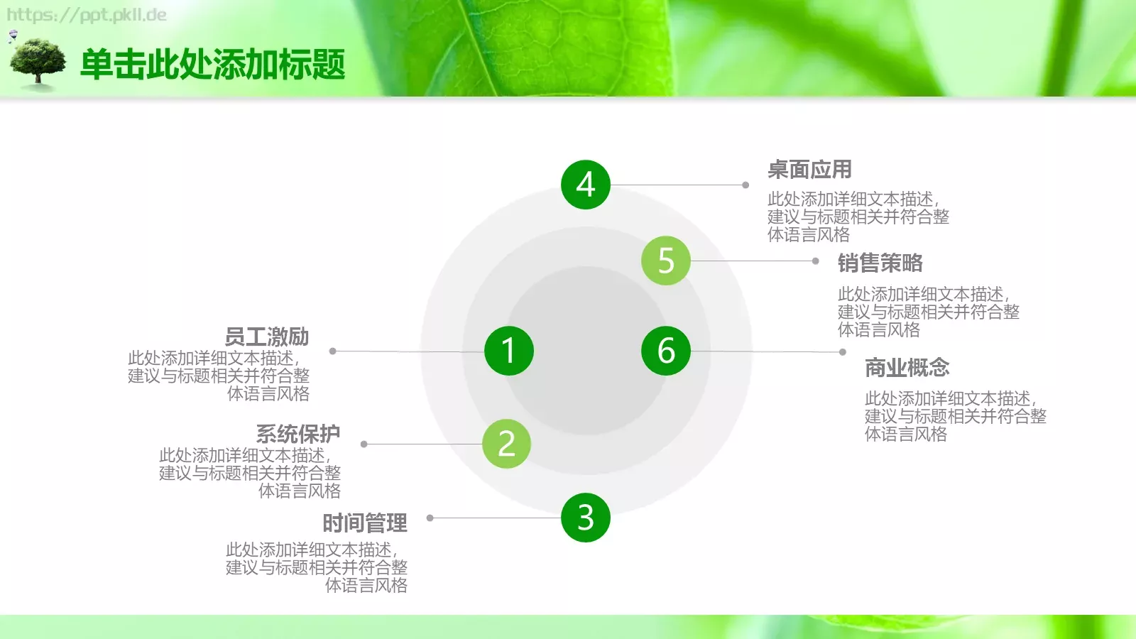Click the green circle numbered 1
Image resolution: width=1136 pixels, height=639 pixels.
pyautogui.click(x=508, y=351)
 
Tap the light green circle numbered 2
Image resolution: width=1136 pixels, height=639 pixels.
pyautogui.click(x=506, y=444)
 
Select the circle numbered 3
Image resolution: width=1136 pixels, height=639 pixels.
pyautogui.click(x=585, y=518)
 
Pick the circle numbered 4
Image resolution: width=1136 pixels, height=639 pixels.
pyautogui.click(x=585, y=185)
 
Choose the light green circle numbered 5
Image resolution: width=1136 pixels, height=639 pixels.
pyautogui.click(x=665, y=261)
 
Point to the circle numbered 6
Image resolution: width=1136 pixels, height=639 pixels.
pyautogui.click(x=665, y=351)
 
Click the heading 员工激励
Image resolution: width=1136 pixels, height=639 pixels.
pyautogui.click(x=267, y=337)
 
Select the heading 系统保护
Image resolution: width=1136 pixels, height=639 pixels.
pyautogui.click(x=298, y=434)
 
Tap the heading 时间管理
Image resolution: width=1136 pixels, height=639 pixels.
pyautogui.click(x=365, y=523)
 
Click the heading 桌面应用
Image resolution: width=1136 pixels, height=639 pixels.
pyautogui.click(x=809, y=170)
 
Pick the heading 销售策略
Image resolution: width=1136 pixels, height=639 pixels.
pyautogui.click(x=880, y=263)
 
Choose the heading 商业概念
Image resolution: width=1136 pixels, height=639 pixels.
pyautogui.click(x=907, y=368)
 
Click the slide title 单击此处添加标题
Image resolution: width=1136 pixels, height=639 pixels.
pyautogui.click(x=213, y=65)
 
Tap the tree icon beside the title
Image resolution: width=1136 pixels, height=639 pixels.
pyautogui.click(x=38, y=62)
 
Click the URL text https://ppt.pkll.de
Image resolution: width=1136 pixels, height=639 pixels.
pyautogui.click(x=87, y=15)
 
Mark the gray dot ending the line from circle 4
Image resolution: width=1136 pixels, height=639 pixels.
pyautogui.click(x=745, y=185)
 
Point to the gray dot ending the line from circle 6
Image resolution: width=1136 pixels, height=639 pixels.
pyautogui.click(x=843, y=352)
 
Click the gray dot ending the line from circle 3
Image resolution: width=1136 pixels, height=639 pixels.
pyautogui.click(x=430, y=518)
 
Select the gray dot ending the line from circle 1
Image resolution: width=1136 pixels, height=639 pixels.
pyautogui.click(x=332, y=351)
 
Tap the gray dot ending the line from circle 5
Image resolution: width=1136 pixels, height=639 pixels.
pyautogui.click(x=816, y=261)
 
